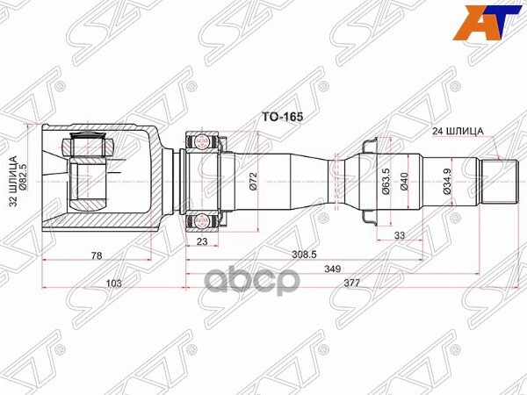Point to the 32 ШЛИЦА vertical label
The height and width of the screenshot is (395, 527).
click(x=14, y=181)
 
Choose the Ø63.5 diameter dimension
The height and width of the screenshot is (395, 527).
click(x=384, y=181)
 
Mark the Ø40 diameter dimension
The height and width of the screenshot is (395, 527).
click(x=404, y=181)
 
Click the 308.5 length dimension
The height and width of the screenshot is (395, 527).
click(x=302, y=255)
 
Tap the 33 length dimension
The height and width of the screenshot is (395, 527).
click(x=399, y=235)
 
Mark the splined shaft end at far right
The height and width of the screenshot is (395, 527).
click(x=498, y=180)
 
